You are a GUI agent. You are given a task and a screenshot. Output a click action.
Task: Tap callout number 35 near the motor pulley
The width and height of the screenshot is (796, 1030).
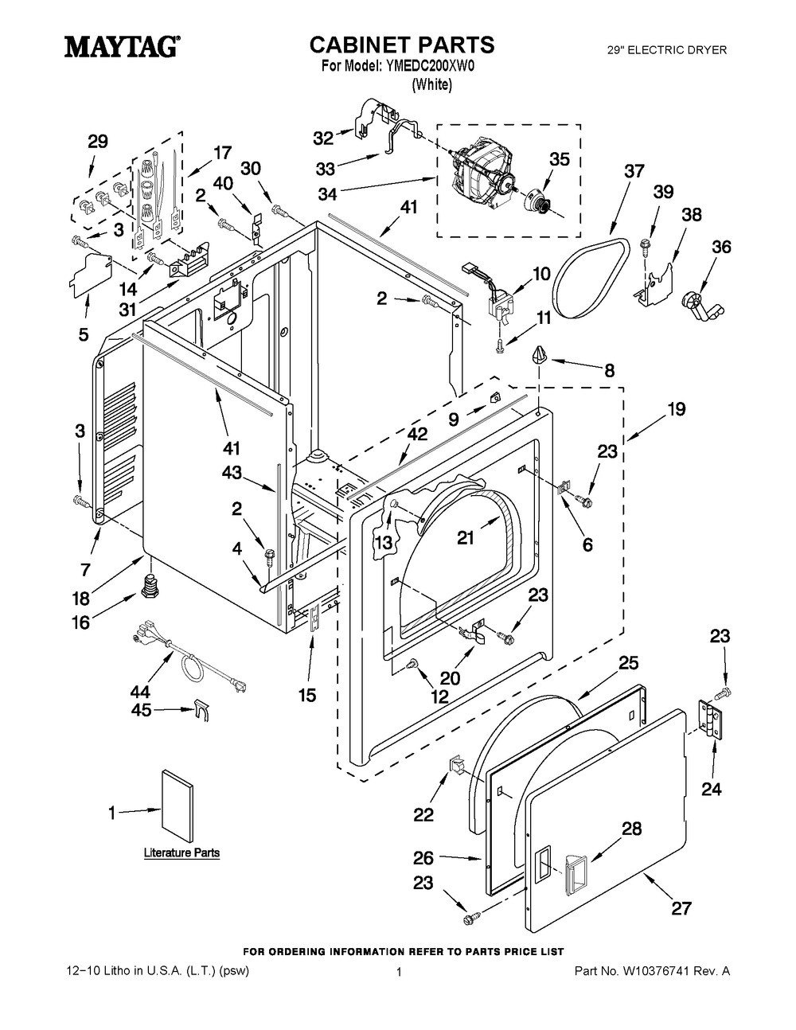pyautogui.click(x=560, y=159)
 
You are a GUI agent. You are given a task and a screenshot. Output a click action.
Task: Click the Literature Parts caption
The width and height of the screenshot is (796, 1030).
pyautogui.click(x=181, y=852)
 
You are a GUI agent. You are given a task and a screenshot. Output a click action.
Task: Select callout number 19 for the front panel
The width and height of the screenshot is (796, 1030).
pyautogui.click(x=677, y=410)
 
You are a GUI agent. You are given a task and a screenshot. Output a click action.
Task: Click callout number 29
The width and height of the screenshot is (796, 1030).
pyautogui.click(x=98, y=142)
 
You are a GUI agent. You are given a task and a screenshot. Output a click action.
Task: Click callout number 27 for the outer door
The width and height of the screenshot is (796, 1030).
pyautogui.click(x=681, y=907)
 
